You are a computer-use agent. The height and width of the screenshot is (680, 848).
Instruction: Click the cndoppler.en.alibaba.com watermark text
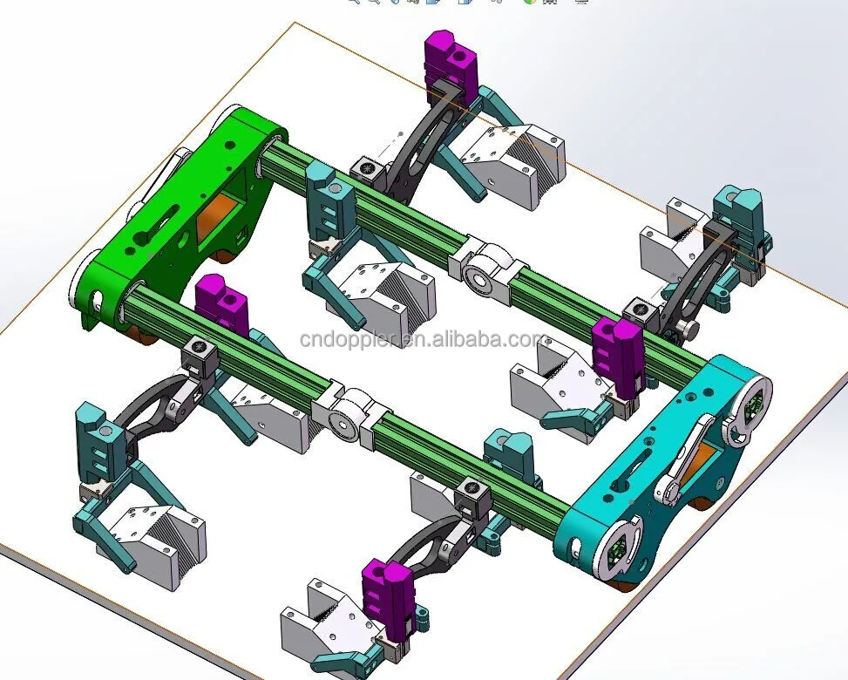(x=424, y=340)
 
